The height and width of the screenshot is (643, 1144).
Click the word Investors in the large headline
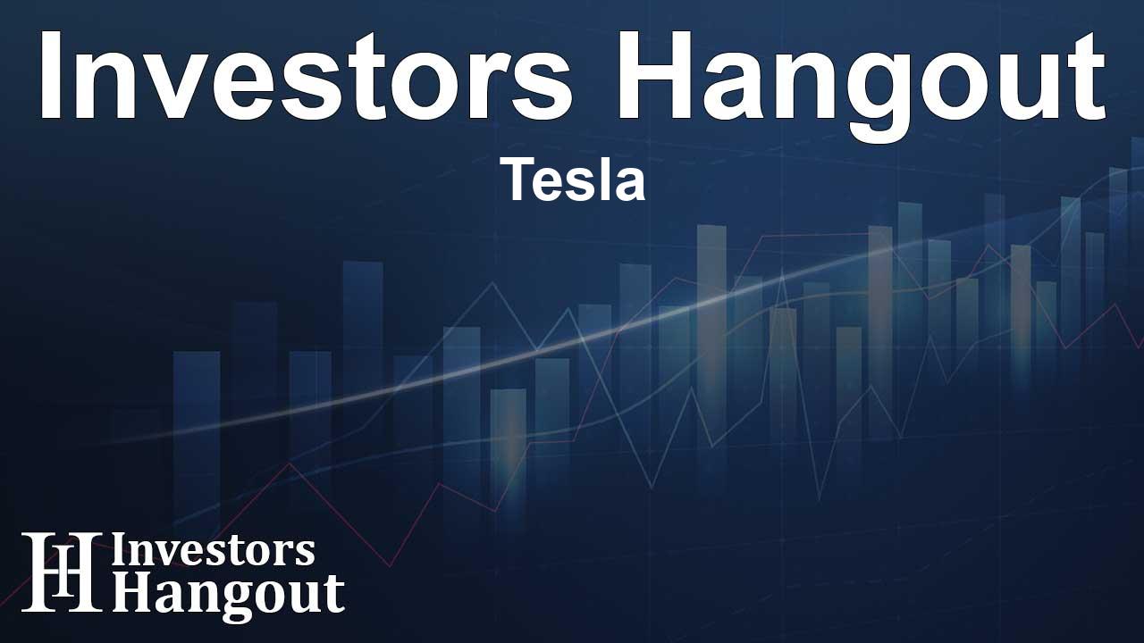coord(306,75)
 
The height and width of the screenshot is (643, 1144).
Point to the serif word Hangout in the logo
coord(228,595)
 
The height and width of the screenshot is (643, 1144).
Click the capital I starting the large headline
coord(50,75)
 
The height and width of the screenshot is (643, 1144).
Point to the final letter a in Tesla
coord(630,185)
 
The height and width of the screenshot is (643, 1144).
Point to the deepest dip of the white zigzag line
coord(819,500)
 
